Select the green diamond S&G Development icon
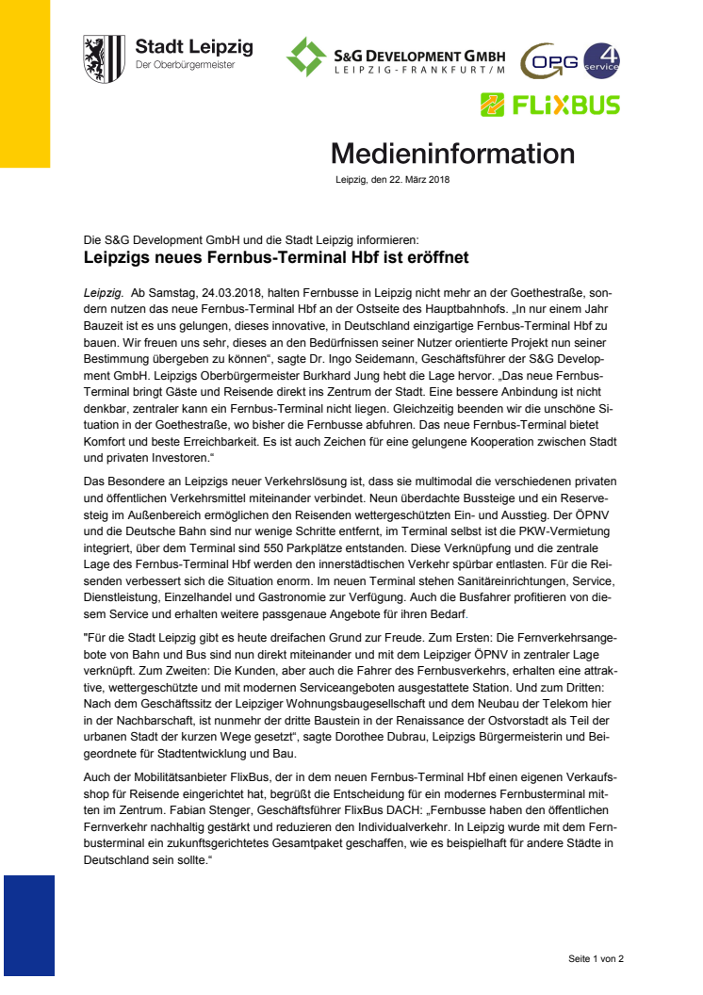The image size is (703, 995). pos(306,57)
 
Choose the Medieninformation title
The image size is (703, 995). pos(451,154)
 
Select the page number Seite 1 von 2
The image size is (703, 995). pos(596,958)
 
